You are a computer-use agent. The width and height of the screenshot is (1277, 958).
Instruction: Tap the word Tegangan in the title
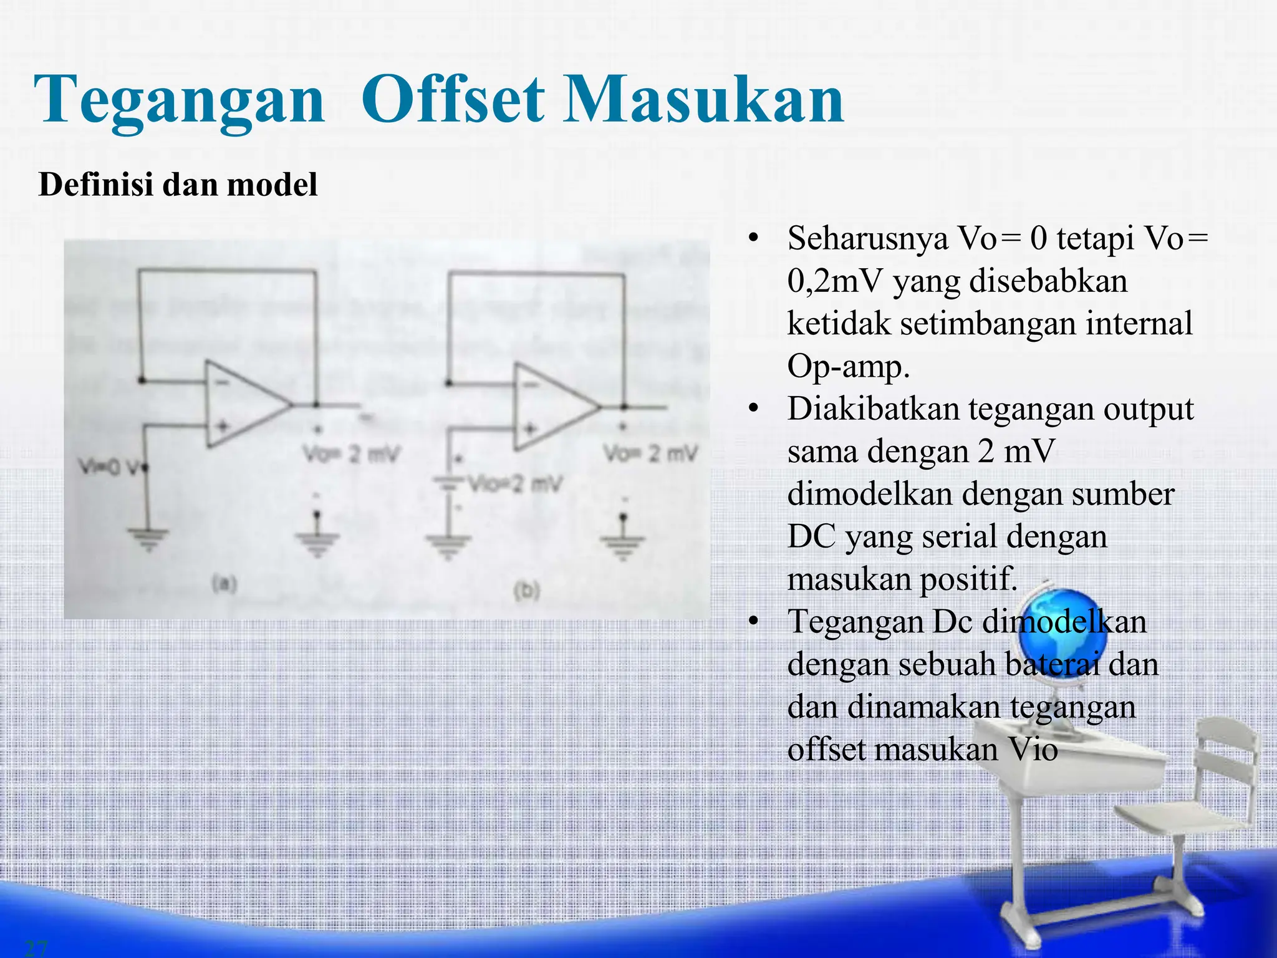pyautogui.click(x=180, y=100)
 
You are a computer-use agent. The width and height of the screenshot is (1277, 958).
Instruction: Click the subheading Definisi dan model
pyautogui.click(x=178, y=185)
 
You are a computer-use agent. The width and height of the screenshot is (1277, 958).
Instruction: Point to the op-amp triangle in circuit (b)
pyautogui.click(x=552, y=407)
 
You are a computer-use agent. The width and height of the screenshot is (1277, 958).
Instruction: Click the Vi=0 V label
pyautogui.click(x=109, y=467)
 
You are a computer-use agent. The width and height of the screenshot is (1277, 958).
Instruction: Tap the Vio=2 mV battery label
pyautogui.click(x=514, y=484)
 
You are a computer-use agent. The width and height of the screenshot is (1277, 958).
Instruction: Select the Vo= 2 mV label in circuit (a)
pyautogui.click(x=350, y=454)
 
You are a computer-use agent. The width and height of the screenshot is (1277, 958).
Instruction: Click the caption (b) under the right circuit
pyautogui.click(x=527, y=590)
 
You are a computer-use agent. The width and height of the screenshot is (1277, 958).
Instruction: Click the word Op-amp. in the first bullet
pyautogui.click(x=848, y=367)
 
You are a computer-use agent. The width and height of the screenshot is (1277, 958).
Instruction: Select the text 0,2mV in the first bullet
pyautogui.click(x=835, y=281)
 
